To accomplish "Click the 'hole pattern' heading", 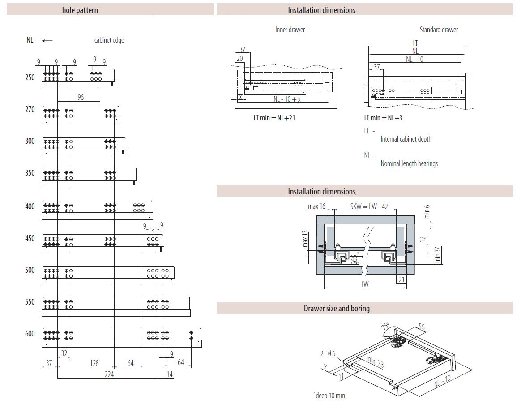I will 80,10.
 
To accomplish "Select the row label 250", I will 30,77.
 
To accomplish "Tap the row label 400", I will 30,206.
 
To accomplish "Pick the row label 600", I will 30,334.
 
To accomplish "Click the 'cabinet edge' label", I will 109,40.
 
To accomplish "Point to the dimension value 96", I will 81,97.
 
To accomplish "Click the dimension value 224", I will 109,374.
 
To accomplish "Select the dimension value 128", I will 94,363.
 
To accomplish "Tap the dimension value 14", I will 169,374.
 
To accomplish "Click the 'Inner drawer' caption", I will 290,30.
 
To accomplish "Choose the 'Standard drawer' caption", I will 439,30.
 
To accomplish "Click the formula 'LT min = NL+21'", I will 274,118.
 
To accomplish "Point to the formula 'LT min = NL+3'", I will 383,118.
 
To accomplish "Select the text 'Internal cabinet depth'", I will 406,139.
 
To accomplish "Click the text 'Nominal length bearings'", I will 409,164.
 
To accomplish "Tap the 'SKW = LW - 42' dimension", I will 369,206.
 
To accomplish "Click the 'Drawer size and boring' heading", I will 337,308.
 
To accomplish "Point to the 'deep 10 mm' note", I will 331,396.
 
